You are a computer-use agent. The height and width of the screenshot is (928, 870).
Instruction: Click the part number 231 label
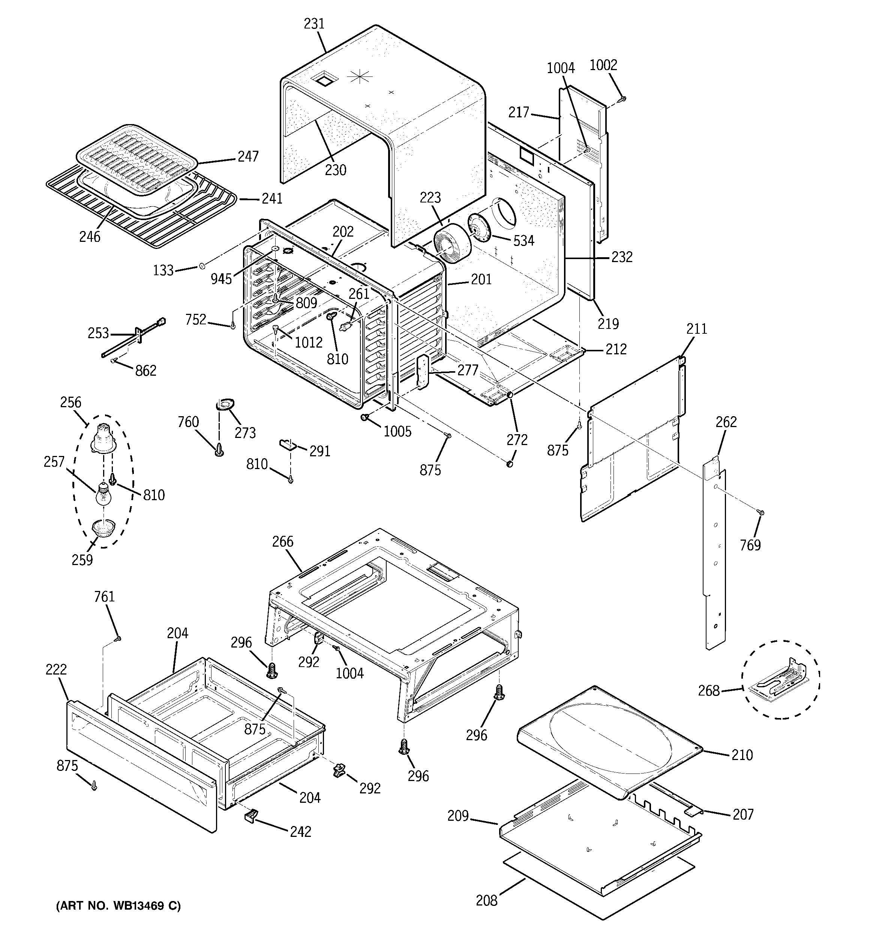pos(314,24)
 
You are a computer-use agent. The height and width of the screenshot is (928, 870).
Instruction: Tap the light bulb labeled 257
pos(103,495)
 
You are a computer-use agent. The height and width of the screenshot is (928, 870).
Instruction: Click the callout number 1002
pos(603,65)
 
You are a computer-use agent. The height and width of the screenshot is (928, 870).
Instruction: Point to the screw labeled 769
pos(761,513)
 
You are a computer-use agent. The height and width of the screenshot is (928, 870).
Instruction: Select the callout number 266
pos(283,541)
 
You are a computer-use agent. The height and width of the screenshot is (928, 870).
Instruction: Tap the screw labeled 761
pos(118,638)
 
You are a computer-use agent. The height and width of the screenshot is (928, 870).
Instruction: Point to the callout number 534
pos(523,241)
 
